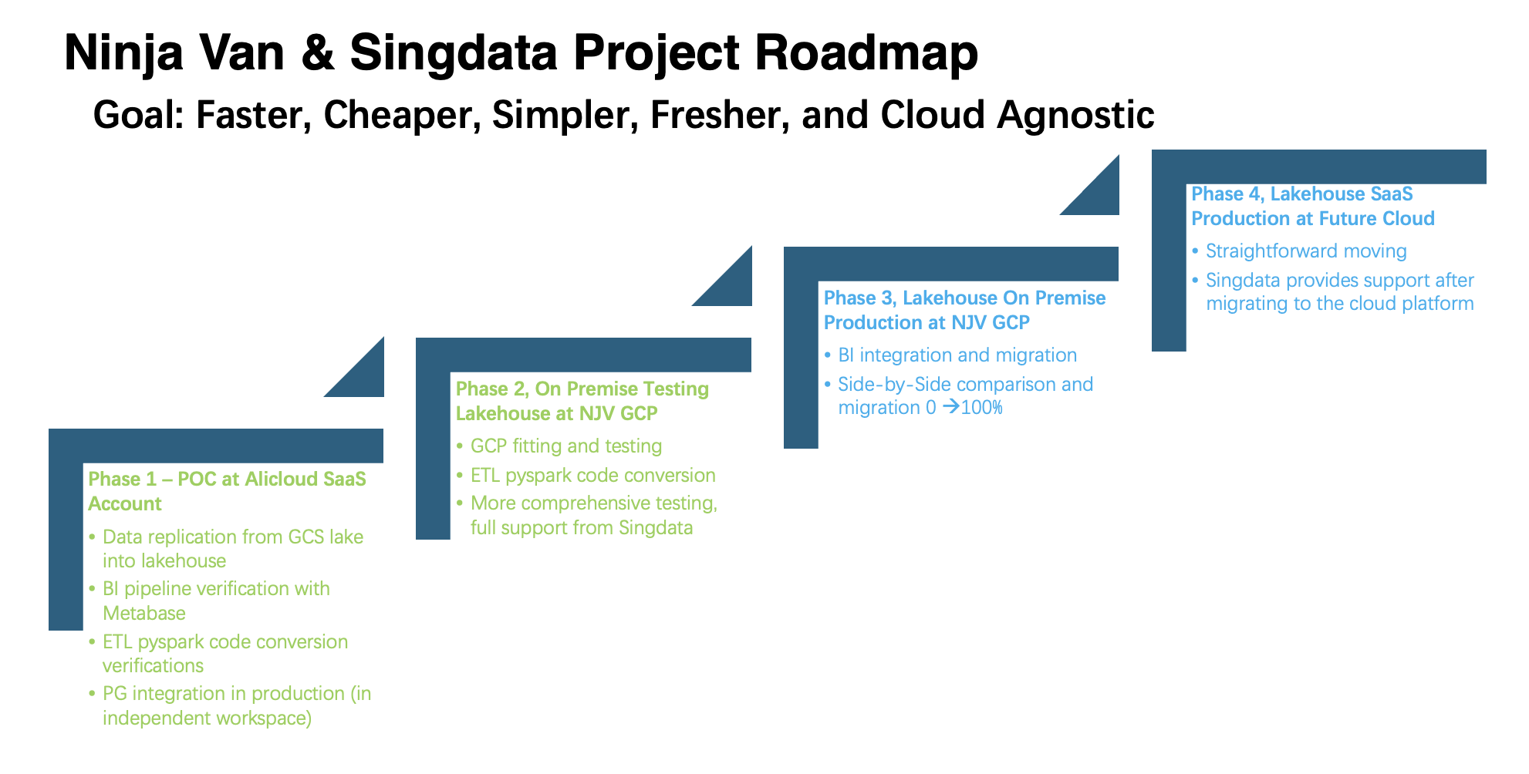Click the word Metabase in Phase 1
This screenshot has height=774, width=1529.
pyautogui.click(x=144, y=613)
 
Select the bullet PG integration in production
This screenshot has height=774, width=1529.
pyautogui.click(x=224, y=693)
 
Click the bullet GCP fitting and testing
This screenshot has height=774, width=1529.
pyautogui.click(x=565, y=446)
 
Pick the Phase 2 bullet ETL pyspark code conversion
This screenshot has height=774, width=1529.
pyautogui.click(x=592, y=475)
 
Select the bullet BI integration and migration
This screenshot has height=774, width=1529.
pyautogui.click(x=957, y=355)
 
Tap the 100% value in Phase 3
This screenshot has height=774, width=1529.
pyautogui.click(x=982, y=407)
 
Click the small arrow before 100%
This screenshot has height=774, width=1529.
pyautogui.click(x=950, y=406)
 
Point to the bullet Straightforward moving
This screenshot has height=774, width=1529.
pyautogui.click(x=1305, y=251)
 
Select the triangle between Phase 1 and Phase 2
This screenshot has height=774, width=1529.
pyautogui.click(x=363, y=376)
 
